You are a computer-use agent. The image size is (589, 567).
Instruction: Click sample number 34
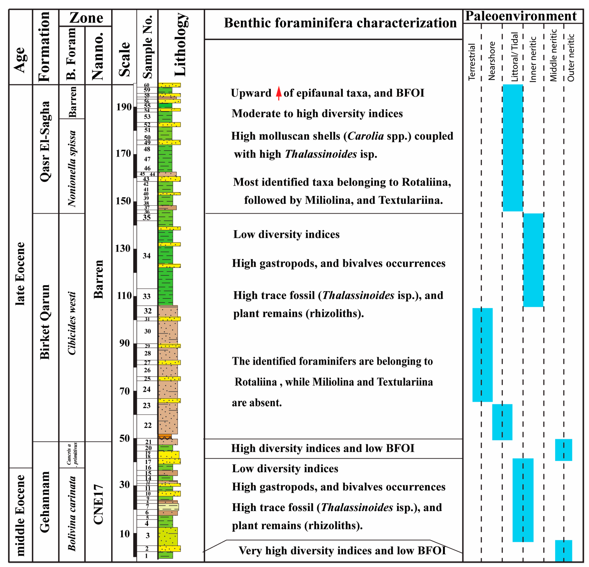point(147,256)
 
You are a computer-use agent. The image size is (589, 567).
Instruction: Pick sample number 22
point(148,425)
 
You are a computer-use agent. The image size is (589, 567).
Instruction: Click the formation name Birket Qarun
point(45,322)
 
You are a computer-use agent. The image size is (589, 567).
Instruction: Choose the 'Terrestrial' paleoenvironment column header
point(472,62)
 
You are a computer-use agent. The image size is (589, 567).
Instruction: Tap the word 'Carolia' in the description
point(365,136)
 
